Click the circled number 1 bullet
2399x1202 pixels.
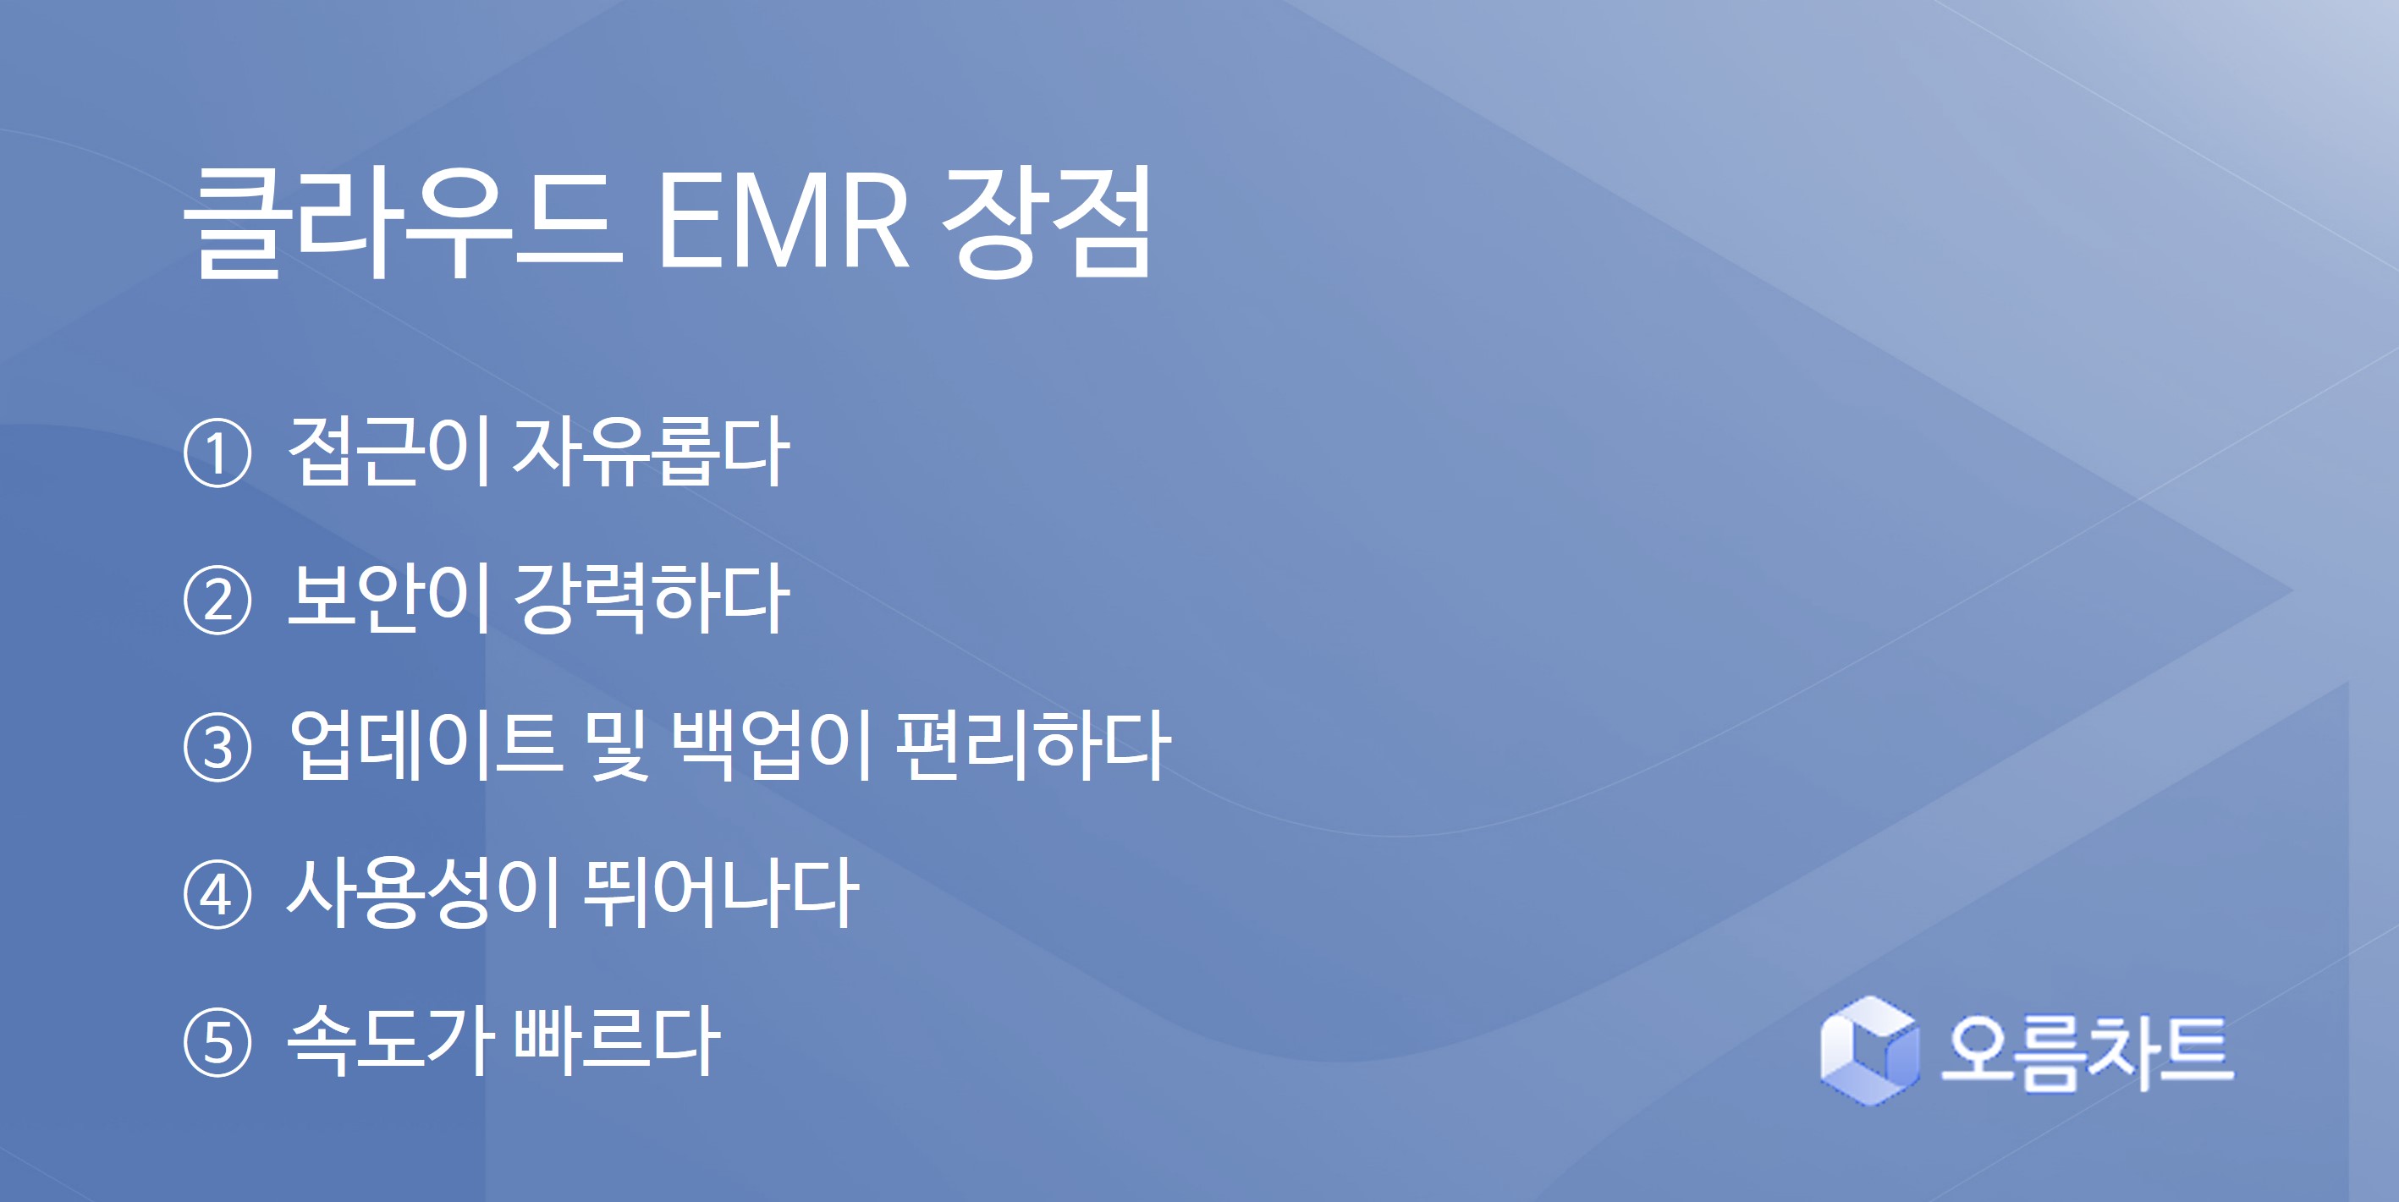217,453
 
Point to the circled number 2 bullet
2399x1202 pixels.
217,601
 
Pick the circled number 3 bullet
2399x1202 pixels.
217,748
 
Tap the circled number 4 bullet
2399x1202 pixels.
217,895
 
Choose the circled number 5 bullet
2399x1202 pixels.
217,1042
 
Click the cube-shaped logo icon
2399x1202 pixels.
1870,1051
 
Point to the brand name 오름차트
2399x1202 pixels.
2087,1052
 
